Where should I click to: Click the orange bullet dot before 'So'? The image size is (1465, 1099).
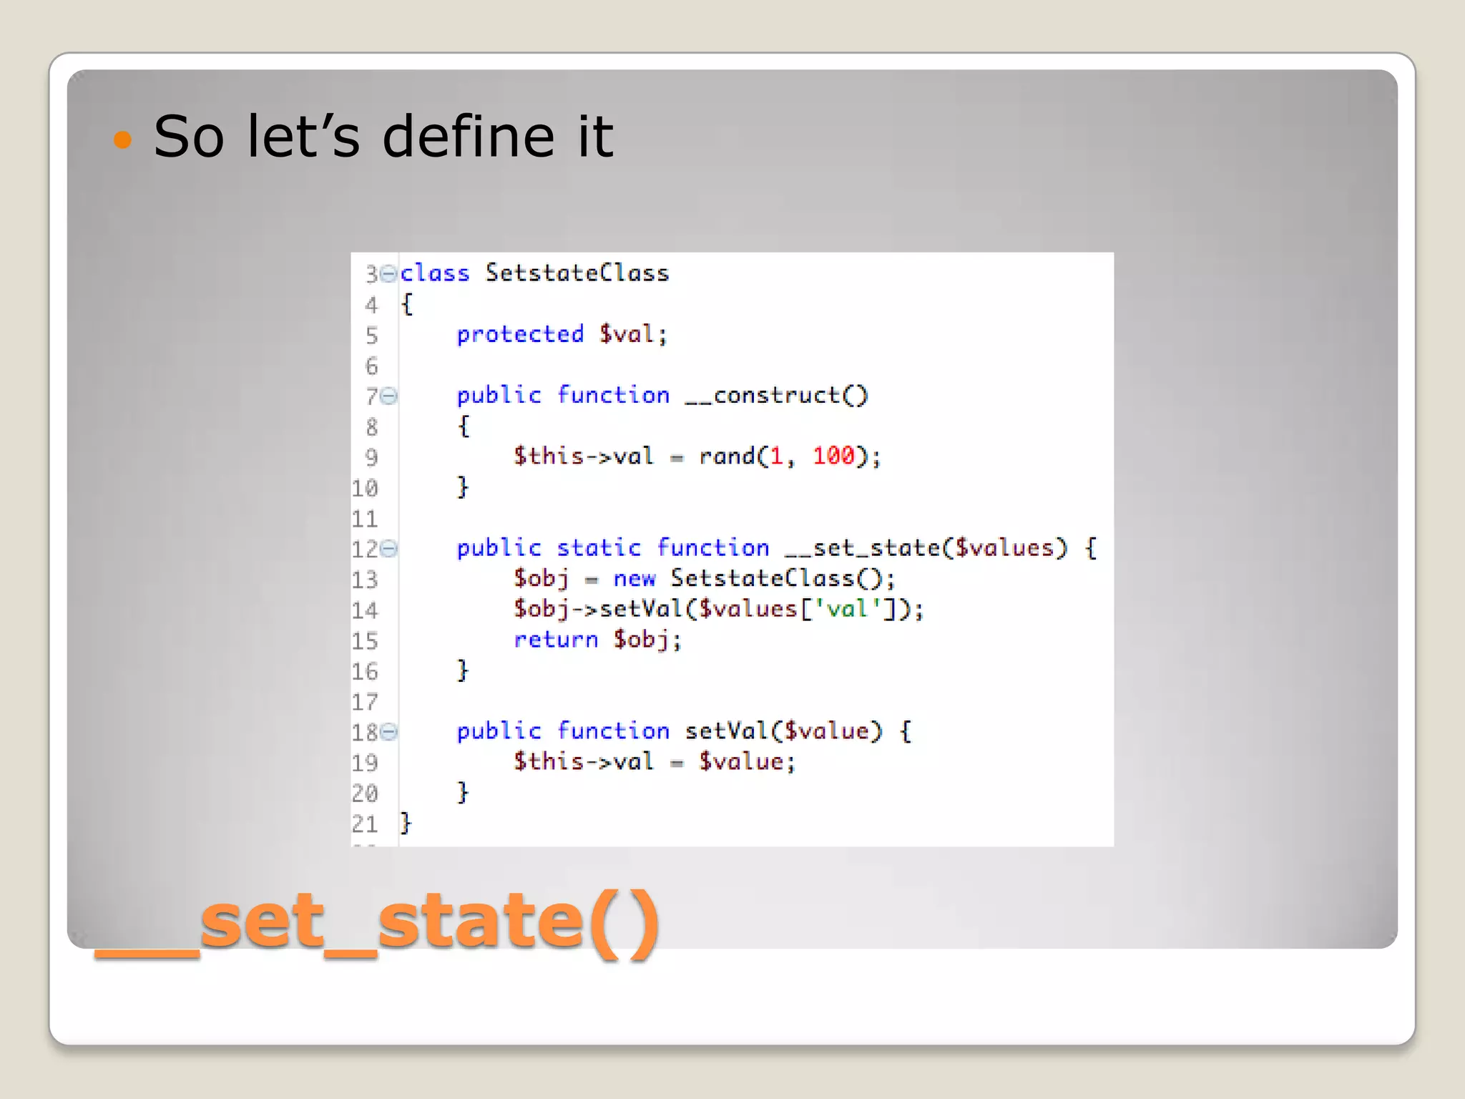123,139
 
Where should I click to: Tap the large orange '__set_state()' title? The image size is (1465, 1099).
377,922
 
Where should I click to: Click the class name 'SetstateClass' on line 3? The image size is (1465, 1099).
577,273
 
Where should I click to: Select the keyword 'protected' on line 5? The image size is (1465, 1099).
520,334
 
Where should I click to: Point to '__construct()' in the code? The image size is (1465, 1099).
775,396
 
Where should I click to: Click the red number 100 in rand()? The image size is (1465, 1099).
833,456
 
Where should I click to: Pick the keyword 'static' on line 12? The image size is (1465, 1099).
598,548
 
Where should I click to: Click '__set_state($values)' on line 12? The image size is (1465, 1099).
926,548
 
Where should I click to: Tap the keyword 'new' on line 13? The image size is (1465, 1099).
634,579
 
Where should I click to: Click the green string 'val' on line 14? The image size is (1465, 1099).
847,609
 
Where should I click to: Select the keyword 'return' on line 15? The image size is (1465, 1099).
555,640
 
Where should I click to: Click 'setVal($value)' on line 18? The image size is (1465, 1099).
783,731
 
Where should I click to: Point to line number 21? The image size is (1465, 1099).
364,824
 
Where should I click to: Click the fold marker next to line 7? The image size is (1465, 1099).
388,396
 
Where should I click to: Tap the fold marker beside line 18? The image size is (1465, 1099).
388,731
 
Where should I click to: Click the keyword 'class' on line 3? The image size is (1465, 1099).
434,273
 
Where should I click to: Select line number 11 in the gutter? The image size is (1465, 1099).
364,519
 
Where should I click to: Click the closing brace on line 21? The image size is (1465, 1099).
406,823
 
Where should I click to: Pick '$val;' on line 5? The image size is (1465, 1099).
633,334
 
